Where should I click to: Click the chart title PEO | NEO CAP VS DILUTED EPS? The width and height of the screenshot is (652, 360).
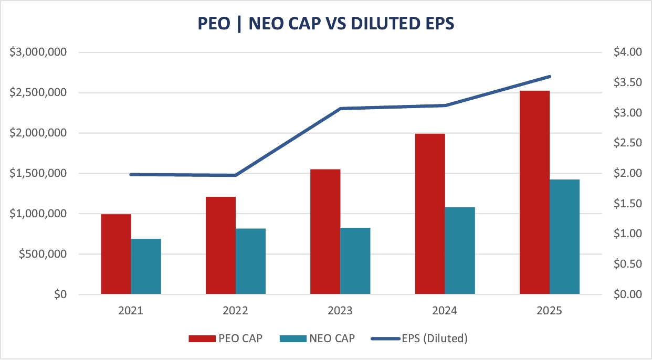[325, 24]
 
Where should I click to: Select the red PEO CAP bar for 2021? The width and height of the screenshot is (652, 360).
[116, 254]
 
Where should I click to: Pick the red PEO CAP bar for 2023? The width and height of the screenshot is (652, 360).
[325, 231]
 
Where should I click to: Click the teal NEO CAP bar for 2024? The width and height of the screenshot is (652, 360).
[460, 250]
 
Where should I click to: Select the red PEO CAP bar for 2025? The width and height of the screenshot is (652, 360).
[534, 192]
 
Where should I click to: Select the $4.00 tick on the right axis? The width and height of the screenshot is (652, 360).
[627, 52]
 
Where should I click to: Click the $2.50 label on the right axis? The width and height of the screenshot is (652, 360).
[627, 143]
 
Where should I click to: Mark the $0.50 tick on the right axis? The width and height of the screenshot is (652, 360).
[627, 264]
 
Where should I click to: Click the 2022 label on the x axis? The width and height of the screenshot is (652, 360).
[235, 311]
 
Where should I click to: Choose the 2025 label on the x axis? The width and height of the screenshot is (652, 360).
[550, 311]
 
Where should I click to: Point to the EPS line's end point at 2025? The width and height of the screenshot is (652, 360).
[550, 77]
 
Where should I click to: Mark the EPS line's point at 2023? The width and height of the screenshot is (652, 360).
[340, 109]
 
